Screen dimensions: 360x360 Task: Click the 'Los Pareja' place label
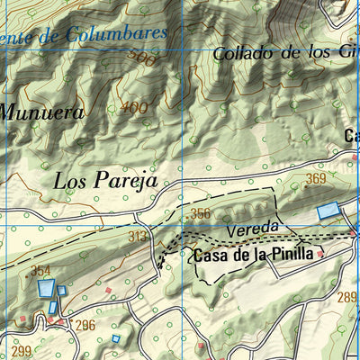(105, 180)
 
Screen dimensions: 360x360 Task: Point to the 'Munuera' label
(41, 113)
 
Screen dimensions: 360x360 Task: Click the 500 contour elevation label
(142, 59)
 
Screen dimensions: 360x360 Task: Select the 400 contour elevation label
(132, 109)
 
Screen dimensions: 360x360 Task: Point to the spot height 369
(315, 180)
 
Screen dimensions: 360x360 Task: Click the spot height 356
(200, 213)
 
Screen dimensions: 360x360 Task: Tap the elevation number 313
(138, 237)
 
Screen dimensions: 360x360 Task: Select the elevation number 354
(41, 271)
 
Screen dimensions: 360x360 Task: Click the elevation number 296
(85, 326)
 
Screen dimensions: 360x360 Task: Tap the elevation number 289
(347, 297)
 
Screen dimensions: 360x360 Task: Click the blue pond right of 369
(329, 211)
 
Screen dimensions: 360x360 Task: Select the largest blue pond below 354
(46, 290)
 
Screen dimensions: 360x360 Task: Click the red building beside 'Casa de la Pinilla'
(319, 255)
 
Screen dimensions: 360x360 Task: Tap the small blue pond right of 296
(115, 338)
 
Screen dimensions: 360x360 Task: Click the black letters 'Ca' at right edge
(352, 137)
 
